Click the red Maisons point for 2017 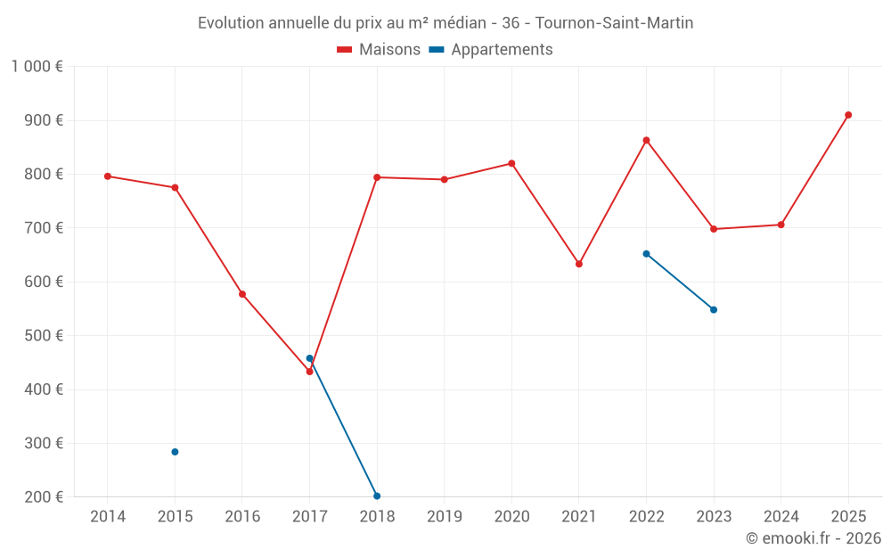(x=309, y=372)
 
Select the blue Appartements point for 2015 (x=175, y=452)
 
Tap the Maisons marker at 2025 (x=848, y=115)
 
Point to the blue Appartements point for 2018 (x=377, y=496)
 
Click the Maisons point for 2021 (x=579, y=264)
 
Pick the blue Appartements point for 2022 (x=646, y=254)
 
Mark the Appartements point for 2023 (x=714, y=310)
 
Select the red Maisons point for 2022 (x=646, y=140)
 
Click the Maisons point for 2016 (x=242, y=294)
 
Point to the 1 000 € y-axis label (x=37, y=66)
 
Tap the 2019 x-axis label (x=444, y=517)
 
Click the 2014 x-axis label (x=108, y=517)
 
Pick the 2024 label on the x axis (x=781, y=517)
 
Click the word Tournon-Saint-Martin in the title (x=614, y=23)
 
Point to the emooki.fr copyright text (x=813, y=538)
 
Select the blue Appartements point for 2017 (x=309, y=358)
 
